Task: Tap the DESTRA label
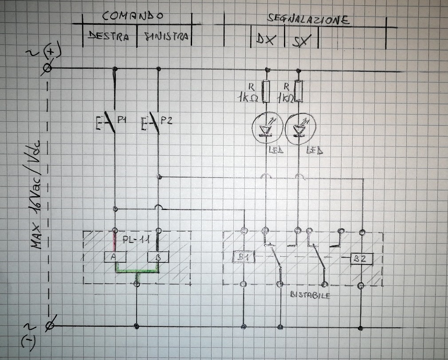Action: click(x=109, y=36)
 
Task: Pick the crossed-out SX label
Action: click(x=302, y=41)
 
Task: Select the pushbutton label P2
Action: click(x=166, y=119)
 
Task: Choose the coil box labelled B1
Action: click(x=244, y=257)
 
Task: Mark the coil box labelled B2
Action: click(x=362, y=257)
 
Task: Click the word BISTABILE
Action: click(x=310, y=295)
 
